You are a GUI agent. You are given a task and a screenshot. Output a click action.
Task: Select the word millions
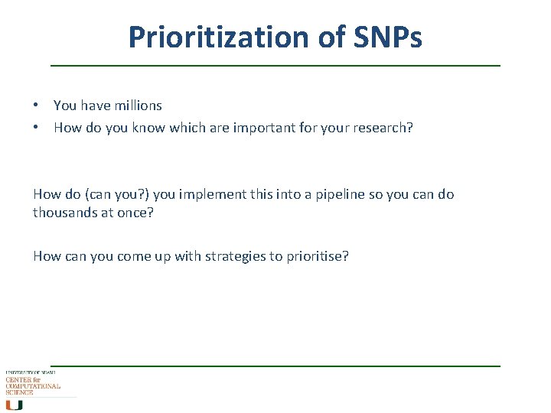coord(138,106)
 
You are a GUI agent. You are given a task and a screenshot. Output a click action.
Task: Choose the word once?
coord(134,213)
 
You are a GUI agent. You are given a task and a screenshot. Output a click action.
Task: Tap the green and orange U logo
coord(14,405)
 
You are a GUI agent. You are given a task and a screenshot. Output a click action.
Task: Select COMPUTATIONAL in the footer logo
coord(33,386)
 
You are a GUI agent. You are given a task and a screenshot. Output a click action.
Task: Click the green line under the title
coord(275,66)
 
